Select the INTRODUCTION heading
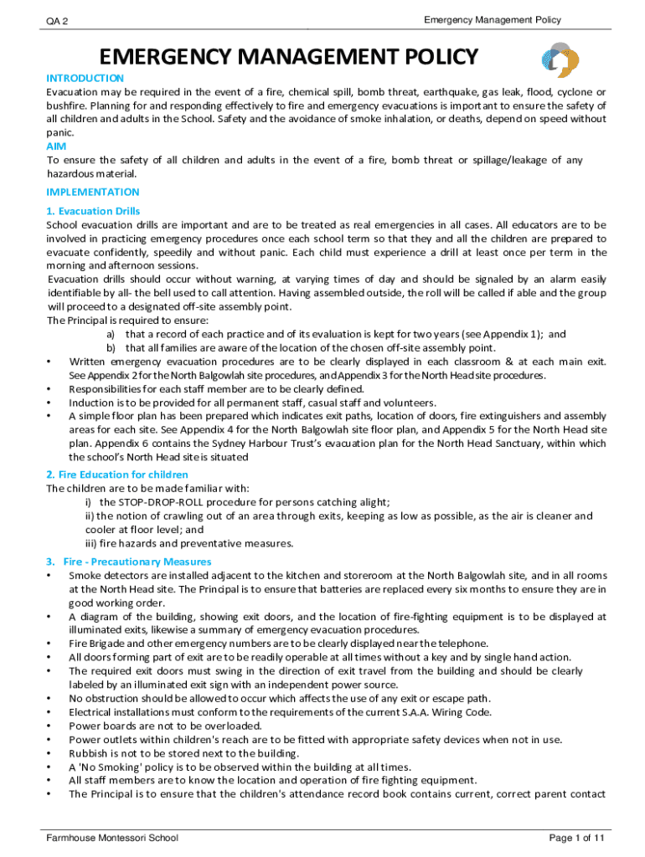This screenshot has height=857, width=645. click(85, 78)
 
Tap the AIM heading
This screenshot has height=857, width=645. click(56, 146)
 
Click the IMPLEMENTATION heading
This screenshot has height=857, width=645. click(92, 192)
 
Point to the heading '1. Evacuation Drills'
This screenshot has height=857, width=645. click(93, 211)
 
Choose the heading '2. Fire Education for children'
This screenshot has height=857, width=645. click(117, 475)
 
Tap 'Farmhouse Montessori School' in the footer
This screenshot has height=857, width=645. click(112, 838)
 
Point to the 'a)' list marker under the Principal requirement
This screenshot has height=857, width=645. click(110, 334)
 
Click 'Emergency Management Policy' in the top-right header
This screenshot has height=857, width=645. click(492, 19)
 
